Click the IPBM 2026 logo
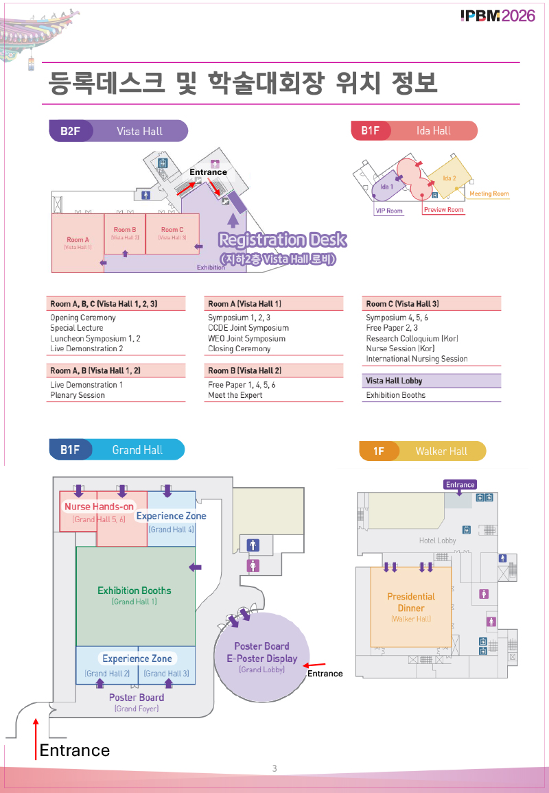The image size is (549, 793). [498, 16]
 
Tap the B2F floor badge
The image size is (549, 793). [70, 131]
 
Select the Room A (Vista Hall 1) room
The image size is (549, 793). [78, 243]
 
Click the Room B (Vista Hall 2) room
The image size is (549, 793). [125, 233]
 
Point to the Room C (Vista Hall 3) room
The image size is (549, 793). [172, 233]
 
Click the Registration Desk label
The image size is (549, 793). [282, 240]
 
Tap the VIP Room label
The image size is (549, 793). [388, 211]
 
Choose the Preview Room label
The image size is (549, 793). [443, 210]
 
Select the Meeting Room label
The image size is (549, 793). [489, 194]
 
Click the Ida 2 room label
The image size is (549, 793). [449, 178]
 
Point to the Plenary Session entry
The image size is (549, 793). [78, 395]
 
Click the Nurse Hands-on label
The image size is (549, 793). [100, 507]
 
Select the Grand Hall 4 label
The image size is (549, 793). [172, 530]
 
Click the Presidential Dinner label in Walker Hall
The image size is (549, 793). [411, 602]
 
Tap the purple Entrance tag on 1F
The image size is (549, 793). [460, 484]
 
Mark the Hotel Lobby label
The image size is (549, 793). [437, 541]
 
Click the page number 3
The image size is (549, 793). [274, 768]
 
